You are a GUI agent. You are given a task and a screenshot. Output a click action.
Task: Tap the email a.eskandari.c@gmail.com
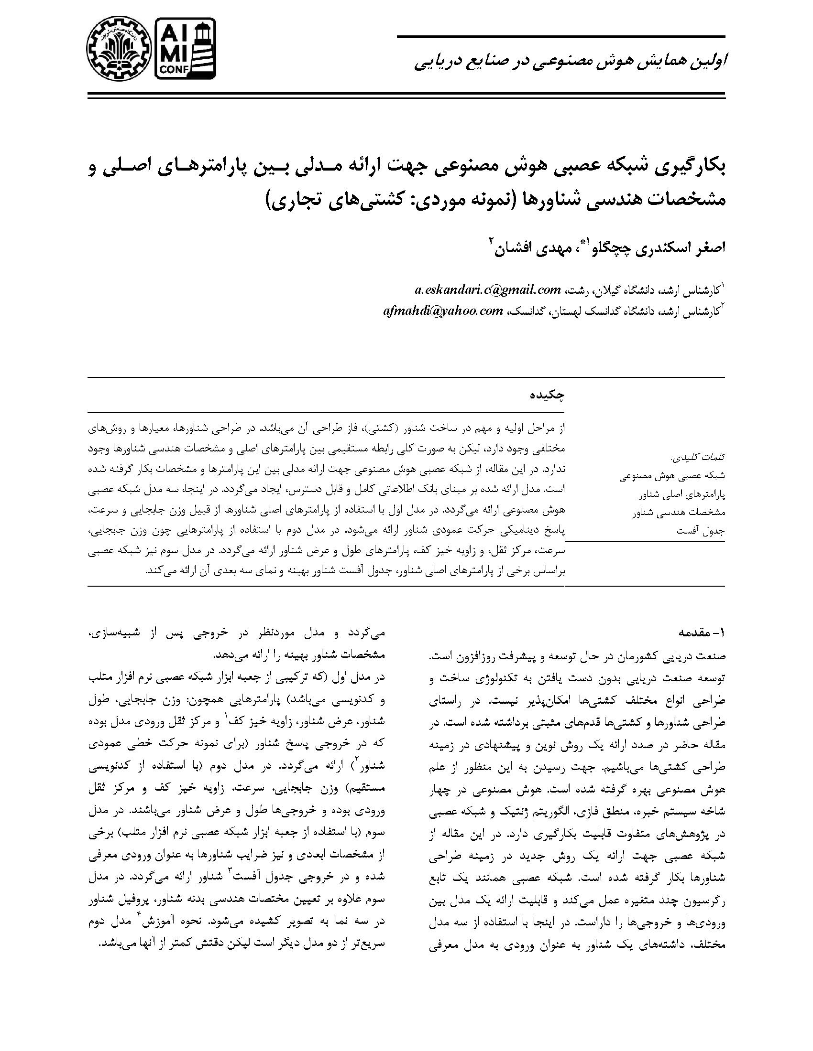click(487, 290)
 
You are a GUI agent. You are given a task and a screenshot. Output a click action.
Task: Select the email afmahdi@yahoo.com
click(443, 311)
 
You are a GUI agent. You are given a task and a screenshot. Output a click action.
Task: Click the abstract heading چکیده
click(547, 395)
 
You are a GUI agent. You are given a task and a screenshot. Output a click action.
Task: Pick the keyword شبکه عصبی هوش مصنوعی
click(672, 476)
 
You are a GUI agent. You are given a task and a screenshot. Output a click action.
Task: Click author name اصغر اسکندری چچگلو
click(653, 248)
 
